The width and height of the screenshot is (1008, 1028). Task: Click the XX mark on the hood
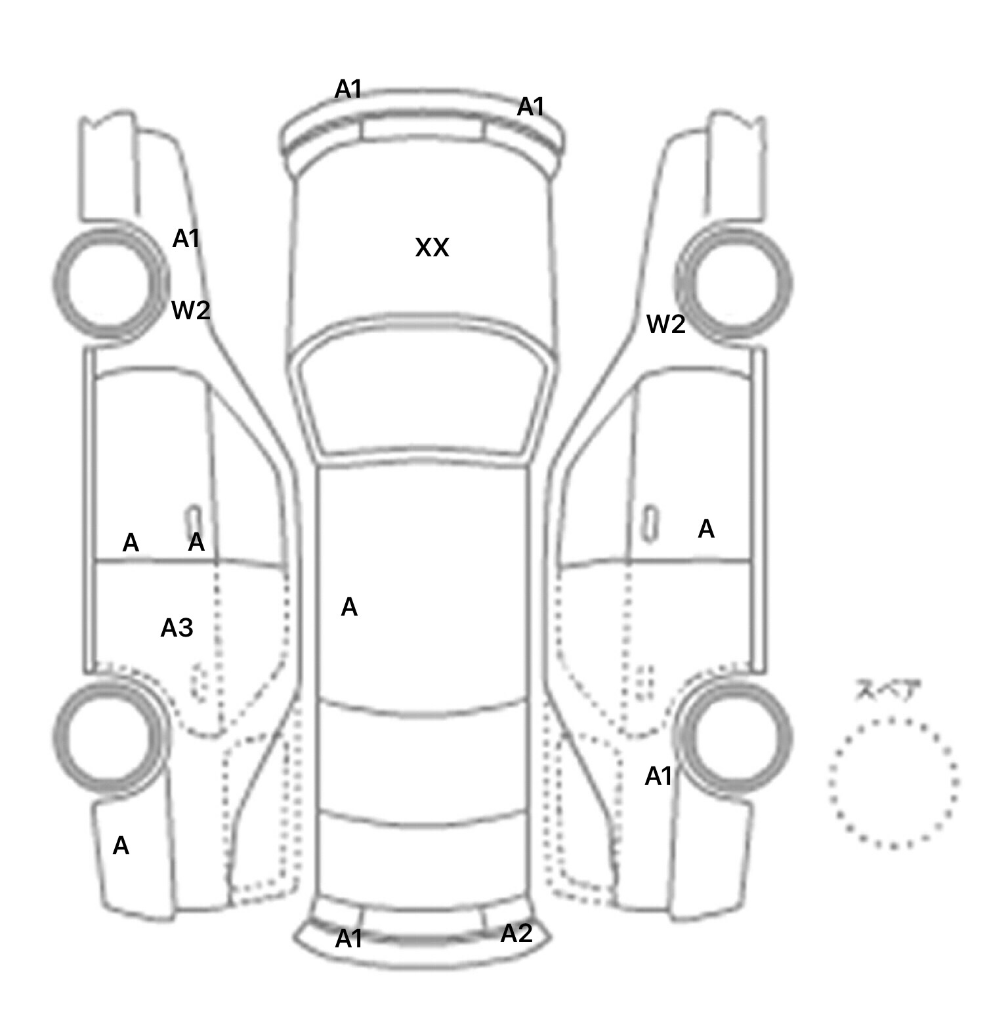432,248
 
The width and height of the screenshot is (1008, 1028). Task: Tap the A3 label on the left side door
177,628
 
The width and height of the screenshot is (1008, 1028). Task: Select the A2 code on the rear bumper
516,934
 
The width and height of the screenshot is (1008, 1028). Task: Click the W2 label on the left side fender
190,310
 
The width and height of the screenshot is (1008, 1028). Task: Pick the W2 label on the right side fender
665,324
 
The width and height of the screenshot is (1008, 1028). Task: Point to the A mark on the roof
349,608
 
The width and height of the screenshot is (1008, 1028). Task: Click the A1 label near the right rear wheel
659,776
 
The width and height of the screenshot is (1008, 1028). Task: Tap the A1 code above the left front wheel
186,239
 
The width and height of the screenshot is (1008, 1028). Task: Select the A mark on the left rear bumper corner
121,846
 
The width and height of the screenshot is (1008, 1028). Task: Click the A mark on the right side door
706,529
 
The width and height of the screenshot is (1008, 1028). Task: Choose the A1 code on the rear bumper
348,939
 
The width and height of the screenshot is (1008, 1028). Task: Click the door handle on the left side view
194,522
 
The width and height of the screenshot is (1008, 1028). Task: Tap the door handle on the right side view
650,523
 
